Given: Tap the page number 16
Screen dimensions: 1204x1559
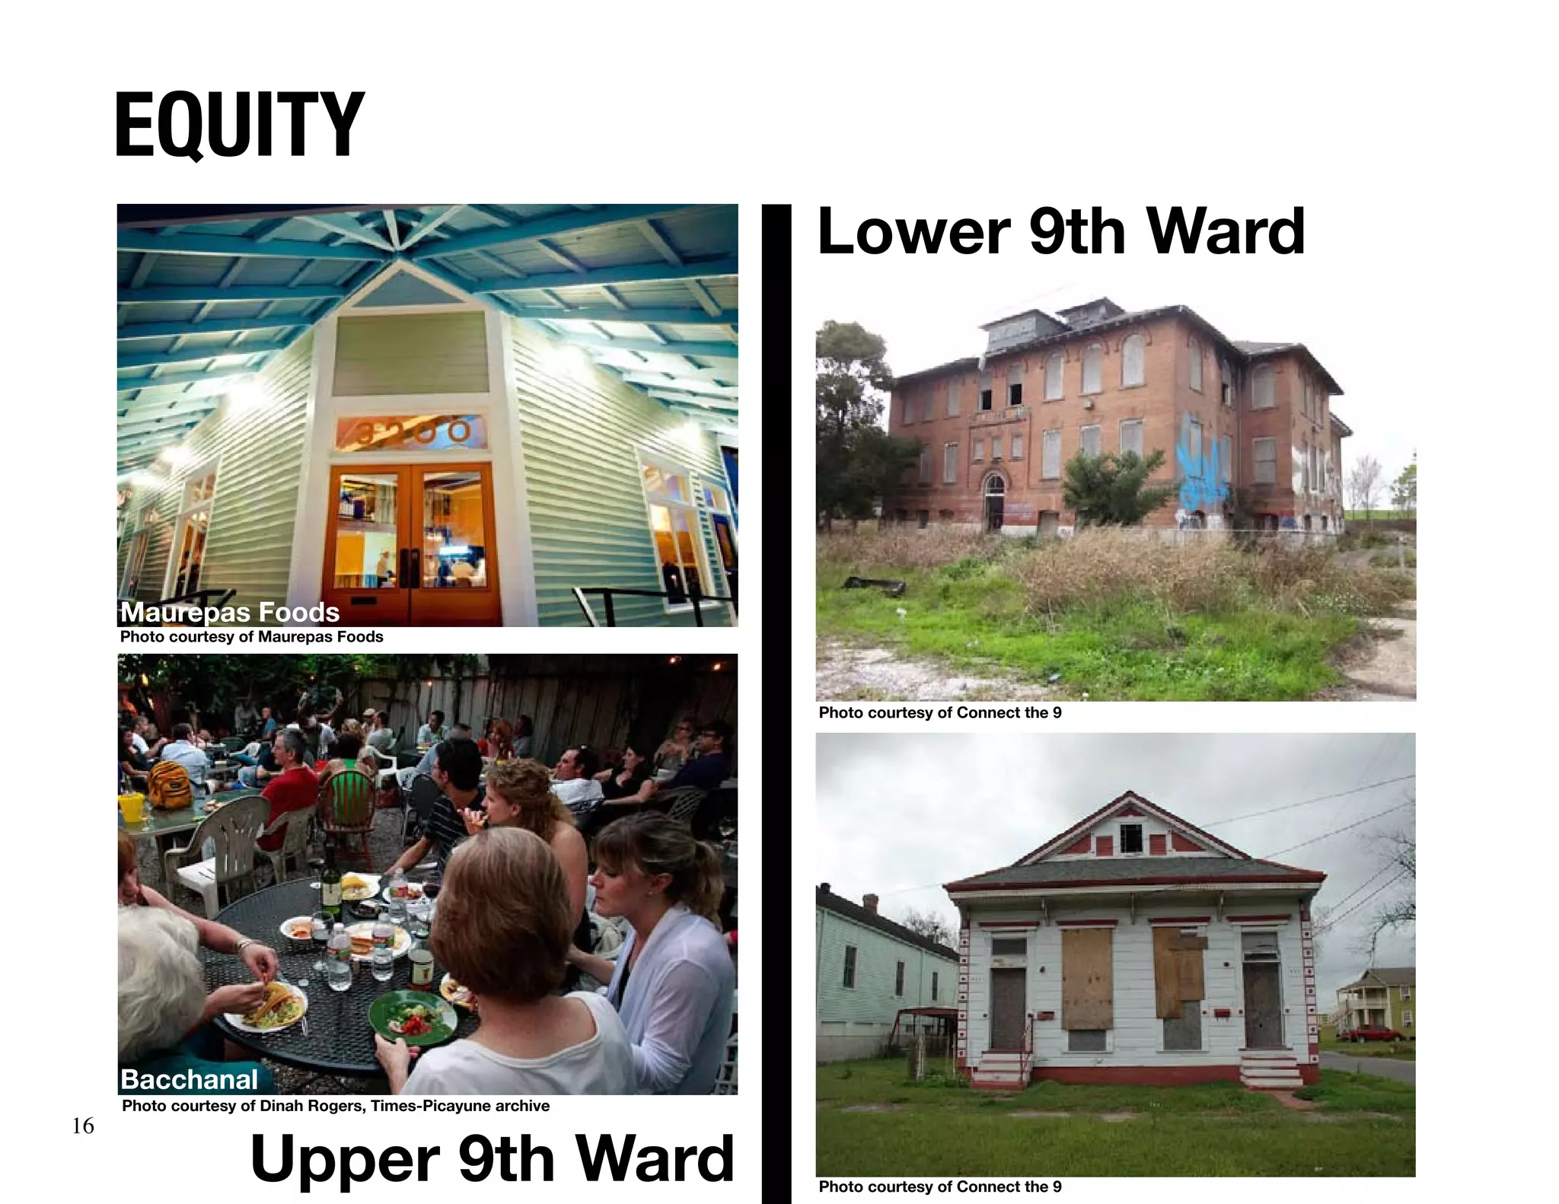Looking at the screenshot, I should (83, 1126).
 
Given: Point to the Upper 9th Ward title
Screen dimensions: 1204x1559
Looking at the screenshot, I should (492, 1158).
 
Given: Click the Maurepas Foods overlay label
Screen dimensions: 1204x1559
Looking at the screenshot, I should (230, 612).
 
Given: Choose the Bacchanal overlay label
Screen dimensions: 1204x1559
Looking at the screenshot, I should (190, 1079).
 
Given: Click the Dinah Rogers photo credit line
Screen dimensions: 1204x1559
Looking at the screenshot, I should (336, 1106).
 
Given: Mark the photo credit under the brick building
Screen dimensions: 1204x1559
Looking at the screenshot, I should (940, 713).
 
